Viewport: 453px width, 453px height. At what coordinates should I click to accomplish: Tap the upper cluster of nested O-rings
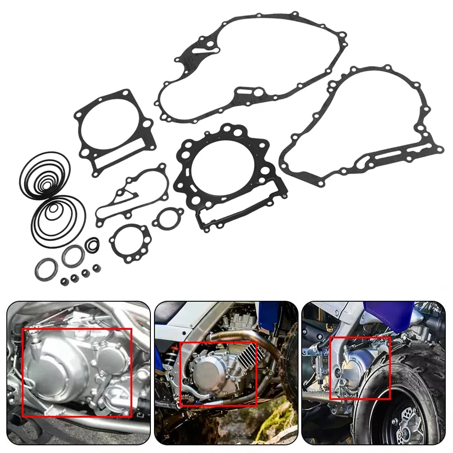pyautogui.click(x=44, y=174)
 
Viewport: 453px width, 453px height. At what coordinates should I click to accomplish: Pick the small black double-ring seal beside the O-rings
pyautogui.click(x=92, y=245)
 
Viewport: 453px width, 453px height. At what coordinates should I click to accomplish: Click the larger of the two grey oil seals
pyautogui.click(x=72, y=256)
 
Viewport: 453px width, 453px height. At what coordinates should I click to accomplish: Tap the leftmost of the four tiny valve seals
pyautogui.click(x=64, y=282)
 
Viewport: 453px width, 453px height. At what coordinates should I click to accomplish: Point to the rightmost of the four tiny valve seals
pyautogui.click(x=96, y=268)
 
